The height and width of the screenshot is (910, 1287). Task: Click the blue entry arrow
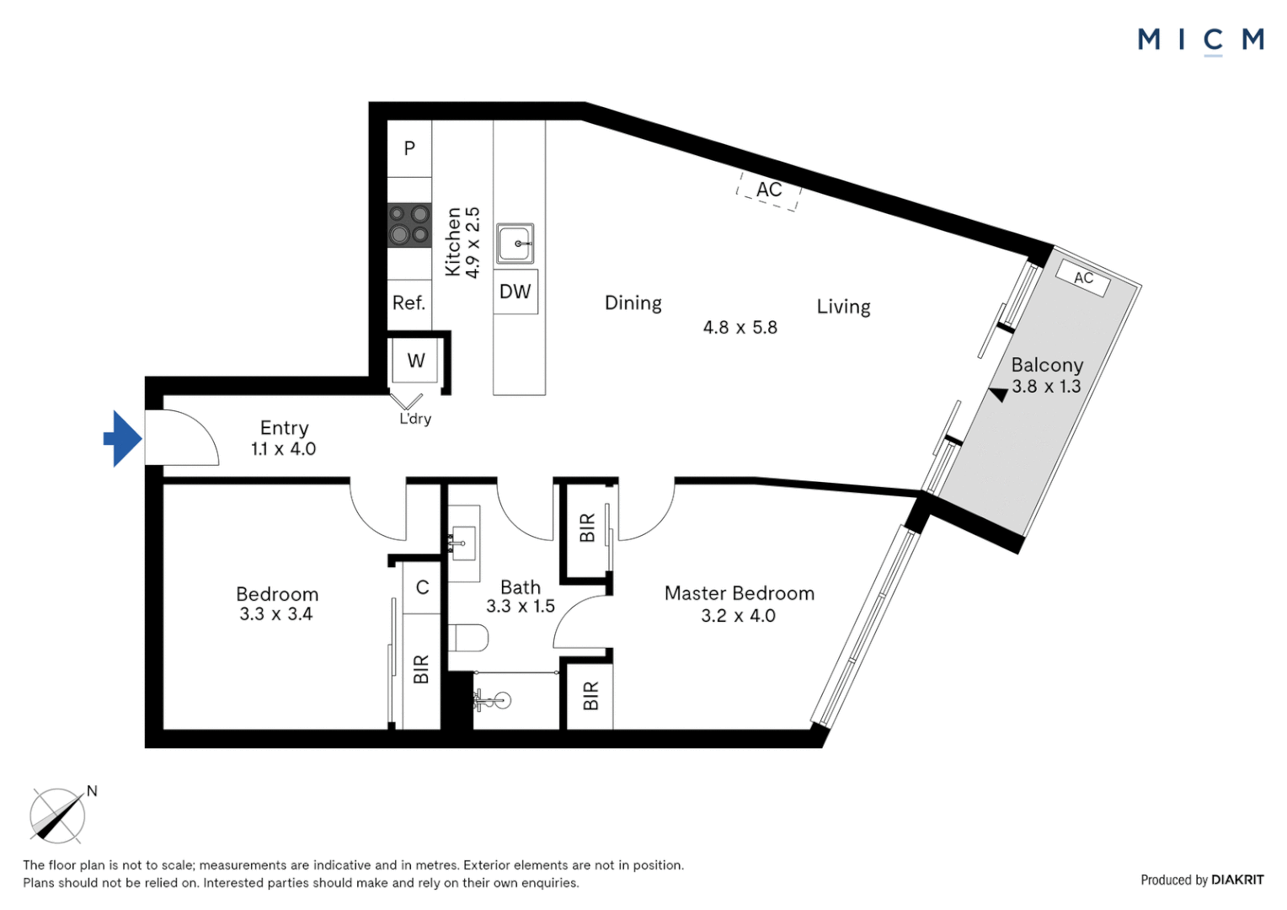(x=123, y=438)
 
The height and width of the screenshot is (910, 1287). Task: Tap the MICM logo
(x=1200, y=40)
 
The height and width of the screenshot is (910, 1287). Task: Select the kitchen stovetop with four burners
(x=409, y=225)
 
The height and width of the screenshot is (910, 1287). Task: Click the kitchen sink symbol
(x=515, y=244)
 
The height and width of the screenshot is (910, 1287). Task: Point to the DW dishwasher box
(x=515, y=292)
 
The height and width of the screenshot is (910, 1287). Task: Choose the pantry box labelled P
(x=409, y=148)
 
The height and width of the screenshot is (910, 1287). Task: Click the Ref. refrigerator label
(x=409, y=302)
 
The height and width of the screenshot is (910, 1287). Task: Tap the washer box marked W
(x=415, y=361)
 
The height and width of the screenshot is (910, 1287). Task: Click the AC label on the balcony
(x=1083, y=278)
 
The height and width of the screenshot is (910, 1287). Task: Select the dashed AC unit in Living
(x=768, y=190)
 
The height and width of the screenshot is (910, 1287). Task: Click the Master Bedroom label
(x=739, y=593)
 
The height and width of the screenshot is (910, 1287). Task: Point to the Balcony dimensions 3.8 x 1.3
(x=1046, y=387)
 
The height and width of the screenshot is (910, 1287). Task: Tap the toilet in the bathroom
(x=467, y=638)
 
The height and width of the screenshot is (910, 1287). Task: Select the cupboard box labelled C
(x=422, y=587)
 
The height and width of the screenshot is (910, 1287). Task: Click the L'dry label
(x=415, y=419)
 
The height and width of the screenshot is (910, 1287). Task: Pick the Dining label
(x=633, y=303)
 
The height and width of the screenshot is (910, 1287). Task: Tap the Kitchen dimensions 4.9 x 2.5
(x=473, y=243)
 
